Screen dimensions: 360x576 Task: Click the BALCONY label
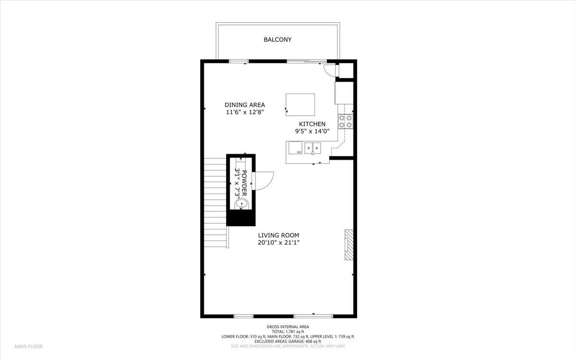tap(277, 40)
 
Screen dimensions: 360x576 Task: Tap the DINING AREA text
tap(245, 105)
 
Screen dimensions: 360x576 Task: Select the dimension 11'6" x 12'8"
tap(245, 112)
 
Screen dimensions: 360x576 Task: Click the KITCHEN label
tap(312, 124)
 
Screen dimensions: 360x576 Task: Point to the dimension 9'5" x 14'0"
tap(312, 131)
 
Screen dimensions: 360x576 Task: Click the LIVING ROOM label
tap(278, 235)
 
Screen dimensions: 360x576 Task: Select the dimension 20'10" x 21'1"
tap(278, 242)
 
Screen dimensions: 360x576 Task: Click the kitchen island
tap(300, 104)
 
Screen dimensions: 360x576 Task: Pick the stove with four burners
tap(346, 121)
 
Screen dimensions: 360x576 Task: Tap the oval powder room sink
tap(241, 204)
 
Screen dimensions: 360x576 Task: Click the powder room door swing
tap(264, 180)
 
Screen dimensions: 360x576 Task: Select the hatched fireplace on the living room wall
tap(349, 245)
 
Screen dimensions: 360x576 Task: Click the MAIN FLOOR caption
tap(28, 346)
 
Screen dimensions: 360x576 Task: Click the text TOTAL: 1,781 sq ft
tap(288, 332)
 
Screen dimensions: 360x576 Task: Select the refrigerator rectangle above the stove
tap(344, 93)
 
